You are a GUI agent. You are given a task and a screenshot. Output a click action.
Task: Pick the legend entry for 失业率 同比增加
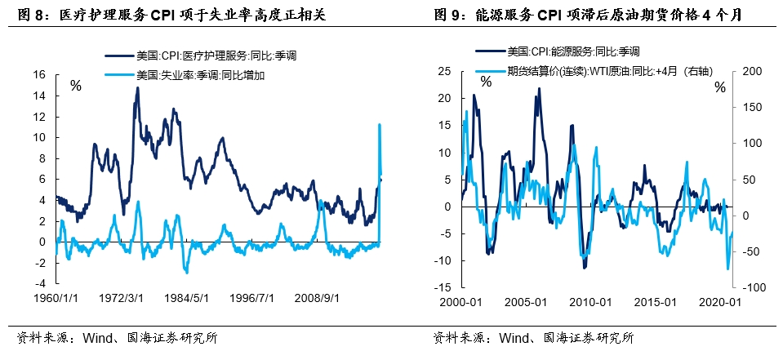202,74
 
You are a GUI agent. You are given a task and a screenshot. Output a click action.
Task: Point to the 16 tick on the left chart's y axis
38,73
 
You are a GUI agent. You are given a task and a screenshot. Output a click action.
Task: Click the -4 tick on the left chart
38,284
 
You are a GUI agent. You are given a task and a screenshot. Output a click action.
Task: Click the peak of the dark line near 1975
136,88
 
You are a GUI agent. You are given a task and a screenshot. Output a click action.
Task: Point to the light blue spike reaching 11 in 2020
379,125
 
